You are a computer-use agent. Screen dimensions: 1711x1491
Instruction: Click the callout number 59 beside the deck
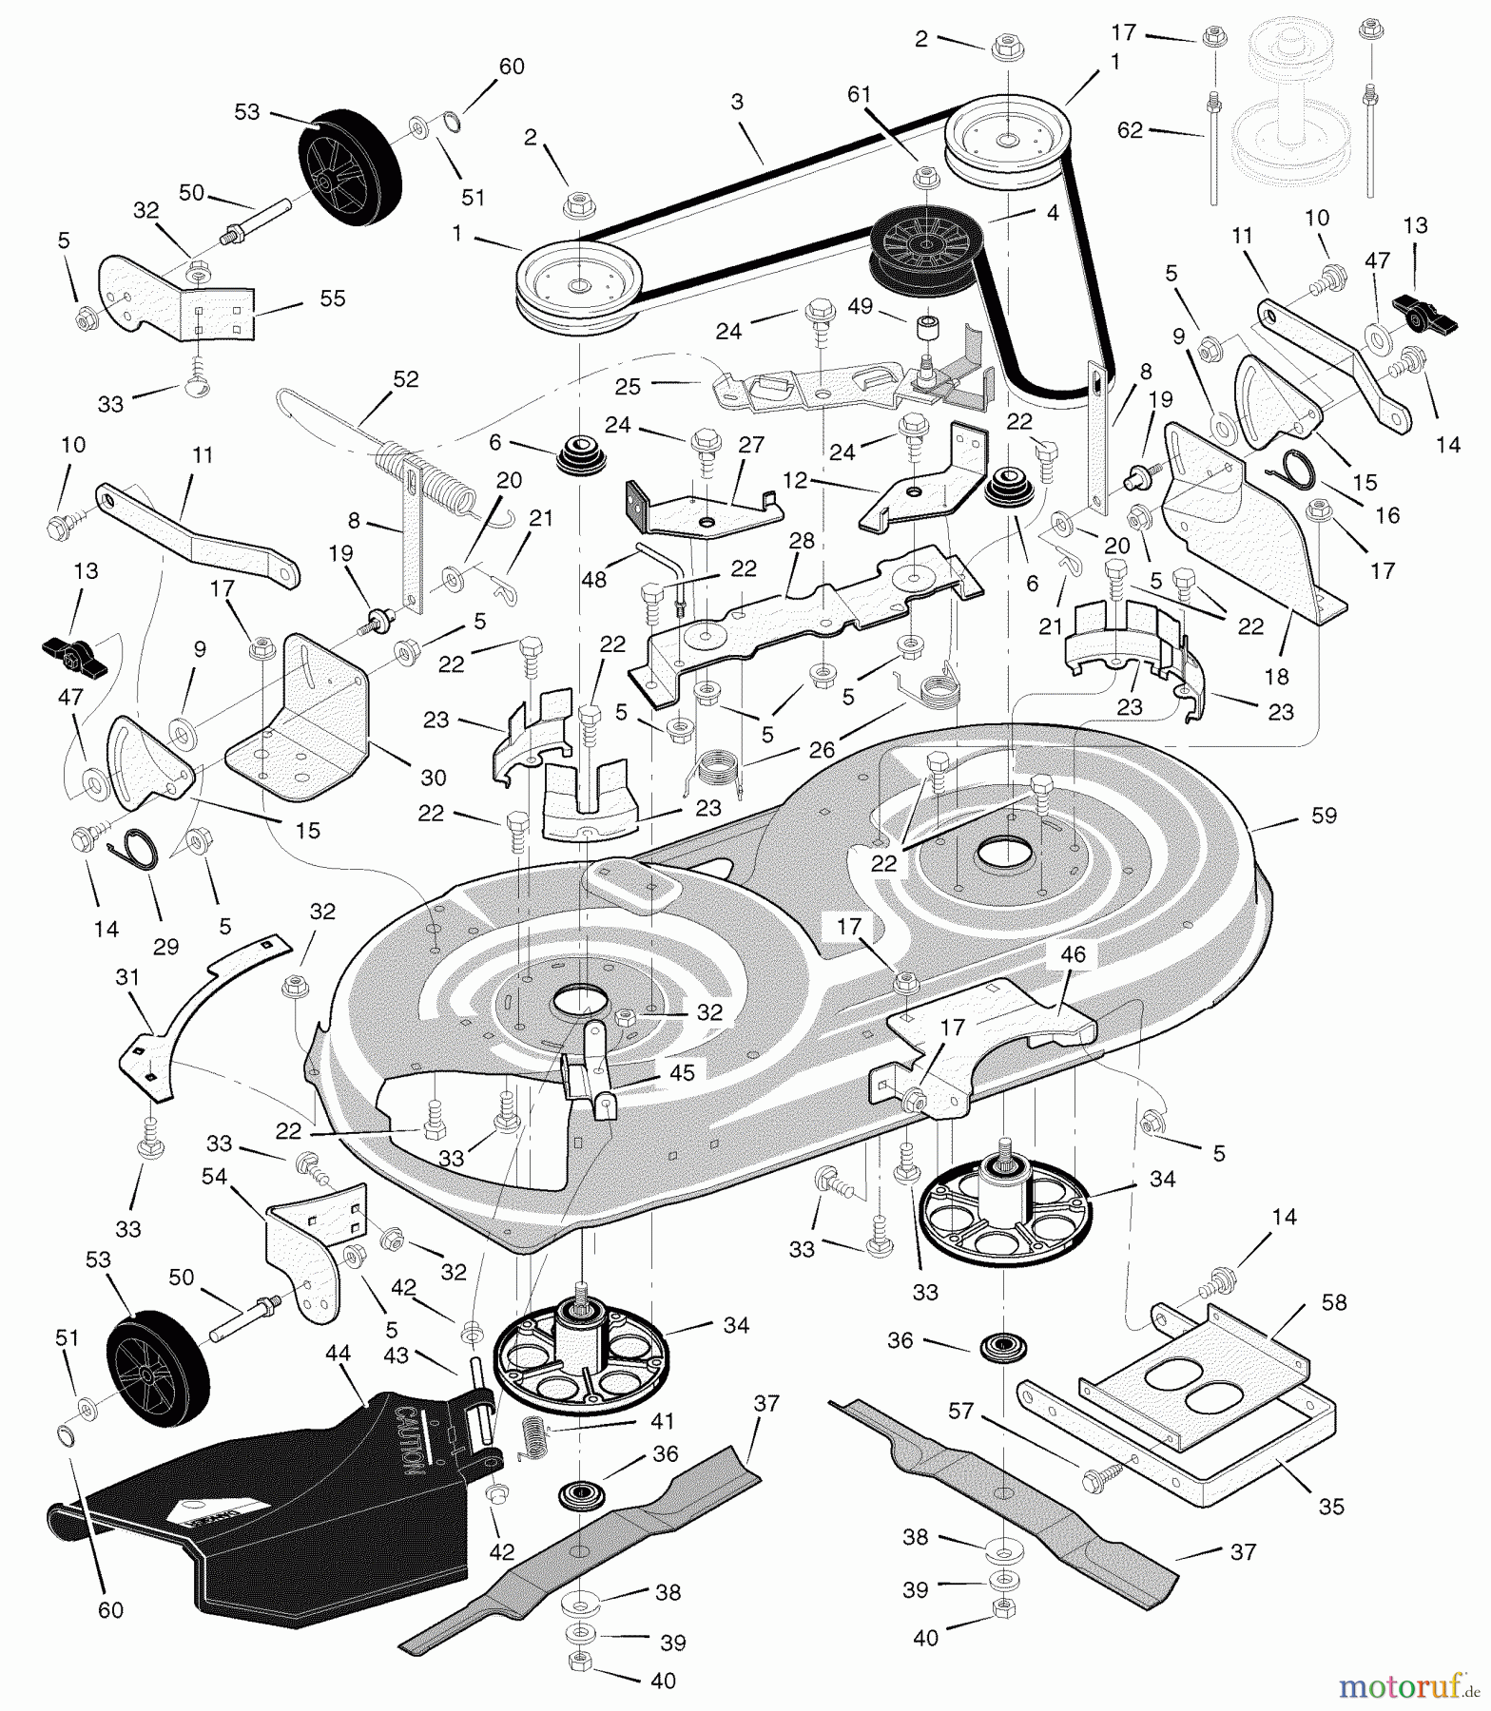[1323, 815]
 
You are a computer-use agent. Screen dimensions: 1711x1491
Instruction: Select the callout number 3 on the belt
[737, 102]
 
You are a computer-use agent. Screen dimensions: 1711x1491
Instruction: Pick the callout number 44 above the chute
[339, 1354]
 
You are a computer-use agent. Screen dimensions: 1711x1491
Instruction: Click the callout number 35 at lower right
[1331, 1507]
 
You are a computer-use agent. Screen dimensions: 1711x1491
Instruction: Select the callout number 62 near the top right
[1130, 130]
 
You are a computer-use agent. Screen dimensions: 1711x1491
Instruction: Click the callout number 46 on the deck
[1072, 954]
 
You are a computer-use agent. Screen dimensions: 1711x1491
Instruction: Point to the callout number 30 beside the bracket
[433, 778]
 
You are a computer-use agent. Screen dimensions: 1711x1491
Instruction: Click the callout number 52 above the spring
[405, 378]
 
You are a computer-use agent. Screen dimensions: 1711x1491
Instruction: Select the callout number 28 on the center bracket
[802, 540]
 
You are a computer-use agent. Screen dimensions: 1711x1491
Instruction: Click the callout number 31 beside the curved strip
[127, 977]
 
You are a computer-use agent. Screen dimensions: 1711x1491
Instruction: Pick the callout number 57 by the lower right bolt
[961, 1411]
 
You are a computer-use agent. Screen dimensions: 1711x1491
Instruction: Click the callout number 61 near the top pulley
[860, 93]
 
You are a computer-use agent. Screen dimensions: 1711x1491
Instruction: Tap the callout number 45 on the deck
[682, 1072]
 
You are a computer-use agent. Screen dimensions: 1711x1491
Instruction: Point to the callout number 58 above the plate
[1334, 1302]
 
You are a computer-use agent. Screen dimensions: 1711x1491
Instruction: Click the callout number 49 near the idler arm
[860, 306]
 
